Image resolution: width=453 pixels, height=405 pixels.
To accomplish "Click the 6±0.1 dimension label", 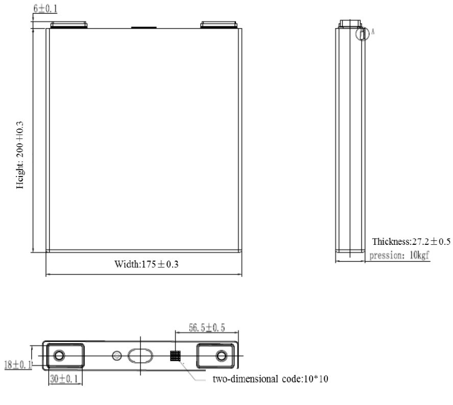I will coord(45,9).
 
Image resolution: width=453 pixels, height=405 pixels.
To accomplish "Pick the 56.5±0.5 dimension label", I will coord(206,327).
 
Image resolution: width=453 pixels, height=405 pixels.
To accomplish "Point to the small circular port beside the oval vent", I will coord(116,356).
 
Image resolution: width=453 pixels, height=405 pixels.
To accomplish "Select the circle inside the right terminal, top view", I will coord(221,356).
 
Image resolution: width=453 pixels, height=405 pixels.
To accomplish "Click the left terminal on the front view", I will coord(70,24).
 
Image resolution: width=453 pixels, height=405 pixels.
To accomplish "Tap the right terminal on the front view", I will coord(220,24).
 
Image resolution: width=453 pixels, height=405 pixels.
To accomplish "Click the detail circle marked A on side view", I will coord(362,34).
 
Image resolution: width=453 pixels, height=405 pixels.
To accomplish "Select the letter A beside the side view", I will coord(373,32).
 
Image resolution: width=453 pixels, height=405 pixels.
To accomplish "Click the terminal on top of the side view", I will coord(350,23).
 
